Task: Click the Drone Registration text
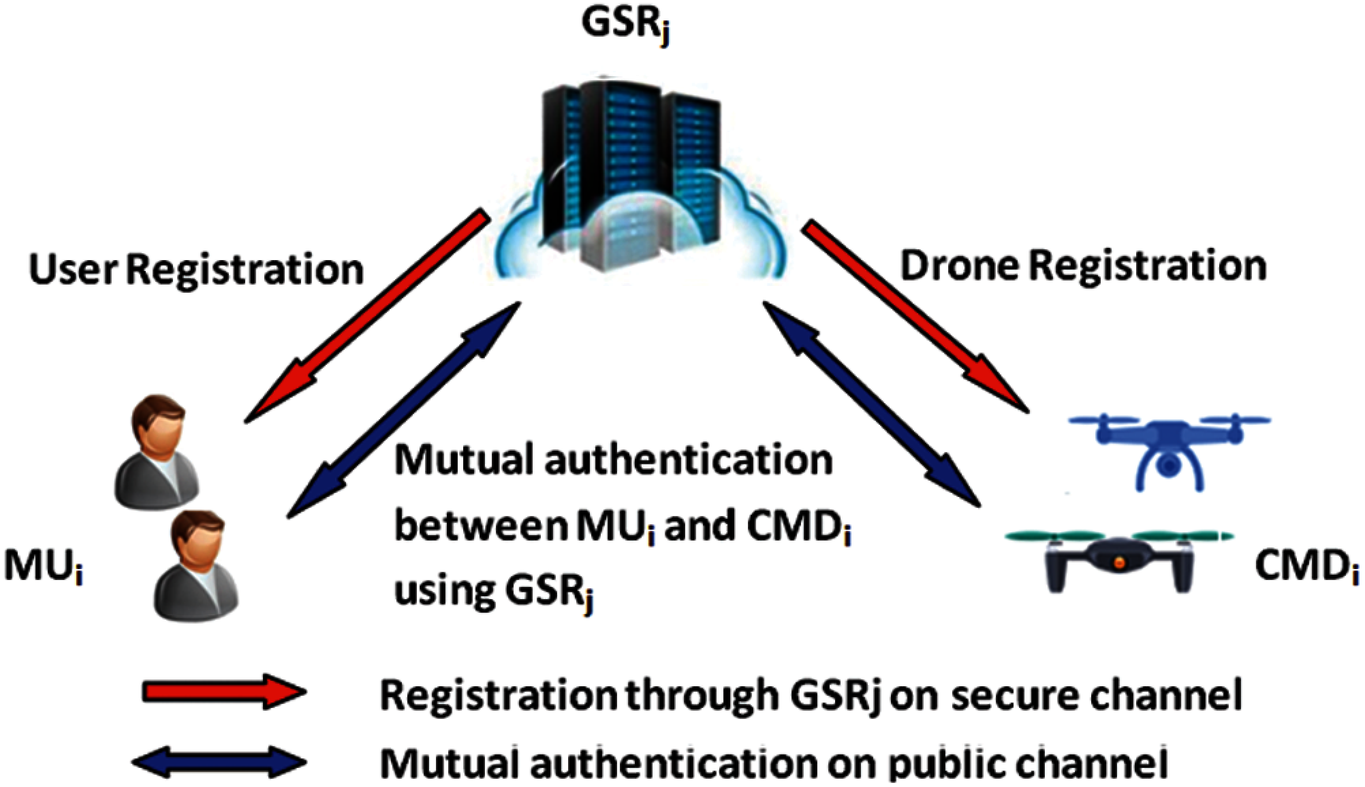[x=1083, y=266]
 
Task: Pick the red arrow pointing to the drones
[x=916, y=316]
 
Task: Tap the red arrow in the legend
[x=224, y=692]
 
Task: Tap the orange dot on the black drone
[x=1118, y=562]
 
